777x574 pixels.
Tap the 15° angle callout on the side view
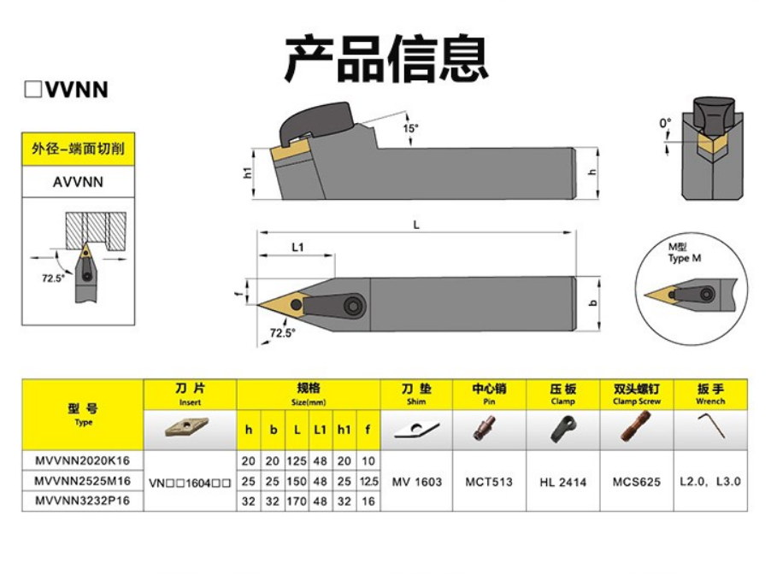(410, 128)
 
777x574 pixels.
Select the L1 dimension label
(297, 247)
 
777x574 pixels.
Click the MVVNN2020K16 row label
(83, 461)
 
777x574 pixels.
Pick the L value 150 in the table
(296, 482)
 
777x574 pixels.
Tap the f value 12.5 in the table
(368, 482)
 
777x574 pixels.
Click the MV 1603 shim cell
(417, 482)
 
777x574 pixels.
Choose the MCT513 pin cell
(490, 482)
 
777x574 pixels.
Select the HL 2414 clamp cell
(563, 482)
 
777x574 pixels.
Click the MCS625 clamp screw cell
(637, 482)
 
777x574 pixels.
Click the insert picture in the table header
(189, 428)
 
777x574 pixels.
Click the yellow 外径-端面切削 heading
(78, 149)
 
